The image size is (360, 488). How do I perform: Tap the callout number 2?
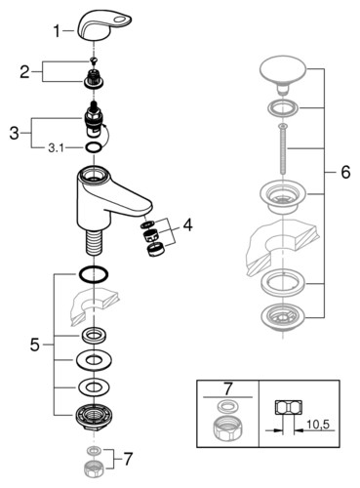tap(24, 72)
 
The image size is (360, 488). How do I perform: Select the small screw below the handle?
tap(94, 60)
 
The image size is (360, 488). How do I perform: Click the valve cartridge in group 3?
tap(95, 121)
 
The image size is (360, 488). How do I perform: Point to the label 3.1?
tap(56, 148)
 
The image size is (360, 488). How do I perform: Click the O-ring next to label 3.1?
tap(94, 148)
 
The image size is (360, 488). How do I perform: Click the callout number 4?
tap(187, 224)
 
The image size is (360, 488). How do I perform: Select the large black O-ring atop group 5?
tap(94, 275)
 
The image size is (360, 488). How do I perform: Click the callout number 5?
tap(35, 345)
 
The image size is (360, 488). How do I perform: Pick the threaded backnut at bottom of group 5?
tap(94, 417)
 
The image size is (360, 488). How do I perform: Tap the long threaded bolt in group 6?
tap(283, 150)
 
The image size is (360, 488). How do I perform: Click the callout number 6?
tap(345, 172)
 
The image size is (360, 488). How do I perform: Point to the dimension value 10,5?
tap(318, 425)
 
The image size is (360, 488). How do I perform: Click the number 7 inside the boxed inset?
tap(228, 388)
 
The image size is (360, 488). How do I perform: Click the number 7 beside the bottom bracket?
tap(128, 459)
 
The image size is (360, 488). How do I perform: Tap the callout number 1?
tap(57, 31)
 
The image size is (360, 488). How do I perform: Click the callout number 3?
tap(14, 133)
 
